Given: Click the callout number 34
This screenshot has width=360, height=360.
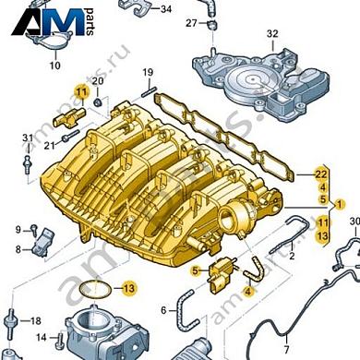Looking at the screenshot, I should tap(165, 10).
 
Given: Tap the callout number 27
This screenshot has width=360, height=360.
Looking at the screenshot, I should tap(191, 22).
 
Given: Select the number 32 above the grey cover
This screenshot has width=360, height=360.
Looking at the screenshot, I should tap(272, 34).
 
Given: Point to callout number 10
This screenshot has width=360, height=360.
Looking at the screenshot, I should tap(54, 66).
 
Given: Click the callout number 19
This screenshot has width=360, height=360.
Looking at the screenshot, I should tap(147, 73).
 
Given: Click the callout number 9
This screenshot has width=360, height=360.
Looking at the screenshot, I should tap(18, 229).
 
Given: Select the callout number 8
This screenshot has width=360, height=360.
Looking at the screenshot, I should tap(18, 249).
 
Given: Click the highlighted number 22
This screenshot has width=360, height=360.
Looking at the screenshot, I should tap(321, 174).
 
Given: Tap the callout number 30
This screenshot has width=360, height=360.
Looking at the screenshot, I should tap(353, 222).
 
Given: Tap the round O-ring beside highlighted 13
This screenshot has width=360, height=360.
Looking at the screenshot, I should tap(90, 289).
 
